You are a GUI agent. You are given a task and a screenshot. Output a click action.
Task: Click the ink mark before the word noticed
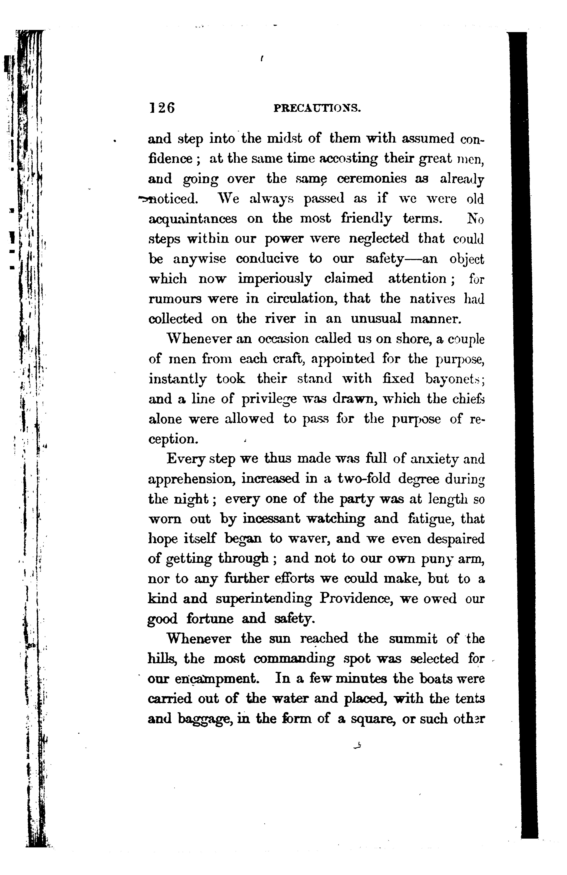coord(142,199)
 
